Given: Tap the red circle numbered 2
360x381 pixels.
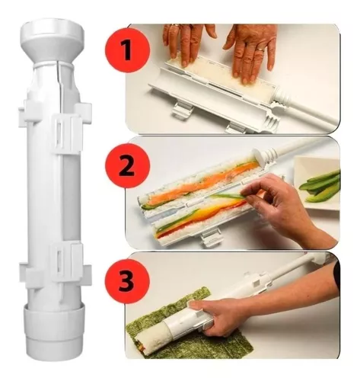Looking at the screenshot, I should click(126, 161).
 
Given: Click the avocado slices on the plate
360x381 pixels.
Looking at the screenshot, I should click(320, 181).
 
